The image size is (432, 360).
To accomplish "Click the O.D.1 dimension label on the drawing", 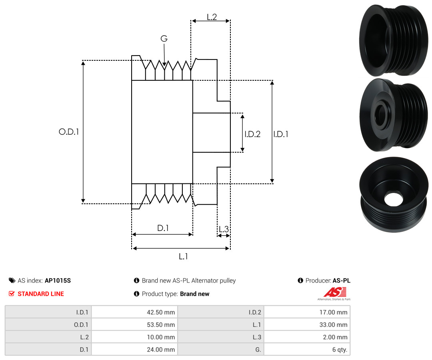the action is click(x=69, y=132).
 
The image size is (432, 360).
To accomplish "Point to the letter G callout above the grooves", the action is click(x=164, y=38).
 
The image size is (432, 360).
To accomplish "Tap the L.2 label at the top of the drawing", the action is click(x=212, y=17).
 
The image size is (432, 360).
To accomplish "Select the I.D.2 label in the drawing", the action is click(x=252, y=134).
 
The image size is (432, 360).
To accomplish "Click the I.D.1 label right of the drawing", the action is click(x=281, y=134).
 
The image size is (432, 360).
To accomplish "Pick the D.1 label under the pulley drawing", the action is click(x=163, y=228).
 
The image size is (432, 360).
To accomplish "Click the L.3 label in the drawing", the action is click(x=224, y=229).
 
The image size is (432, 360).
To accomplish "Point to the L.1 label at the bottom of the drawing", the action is click(x=183, y=257).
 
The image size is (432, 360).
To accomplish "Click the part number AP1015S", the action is click(x=58, y=280).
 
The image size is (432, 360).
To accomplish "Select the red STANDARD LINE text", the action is click(x=41, y=294).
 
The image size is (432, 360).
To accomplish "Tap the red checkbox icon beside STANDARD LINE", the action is click(x=12, y=294).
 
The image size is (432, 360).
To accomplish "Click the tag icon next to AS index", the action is click(x=12, y=280).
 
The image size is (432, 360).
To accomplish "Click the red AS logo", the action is click(x=335, y=292).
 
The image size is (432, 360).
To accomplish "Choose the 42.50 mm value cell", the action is click(x=135, y=312).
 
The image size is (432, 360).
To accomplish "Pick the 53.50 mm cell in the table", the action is click(x=135, y=324).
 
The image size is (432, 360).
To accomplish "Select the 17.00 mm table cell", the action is click(x=307, y=312).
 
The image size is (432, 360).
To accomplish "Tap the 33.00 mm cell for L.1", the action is click(x=307, y=324).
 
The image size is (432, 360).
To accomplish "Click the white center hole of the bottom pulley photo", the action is click(x=393, y=199).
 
